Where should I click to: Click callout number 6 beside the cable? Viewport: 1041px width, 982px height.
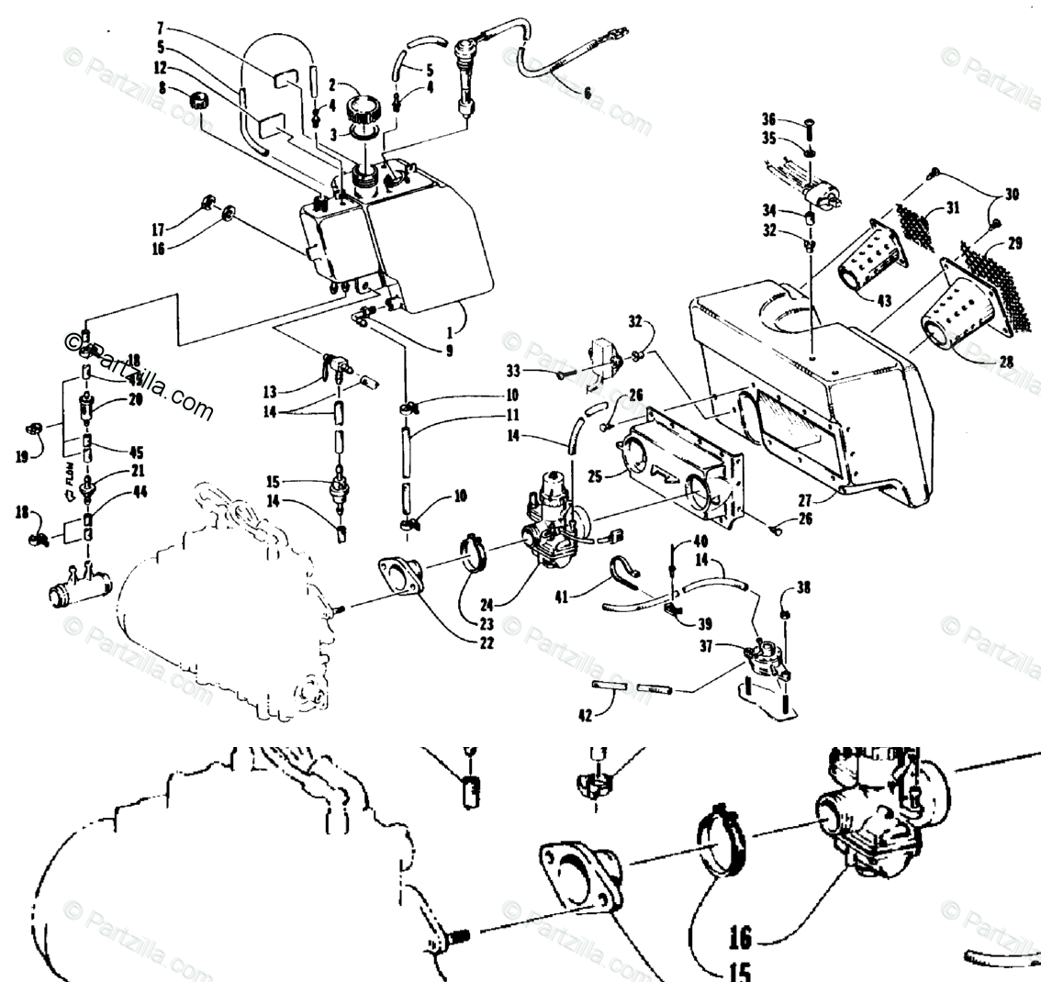point(588,92)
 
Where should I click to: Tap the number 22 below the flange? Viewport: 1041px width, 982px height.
point(486,642)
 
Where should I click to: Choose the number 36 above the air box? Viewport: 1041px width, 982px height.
point(768,118)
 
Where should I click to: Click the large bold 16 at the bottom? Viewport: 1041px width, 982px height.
point(739,937)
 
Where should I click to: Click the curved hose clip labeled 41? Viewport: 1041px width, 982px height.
point(627,572)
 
